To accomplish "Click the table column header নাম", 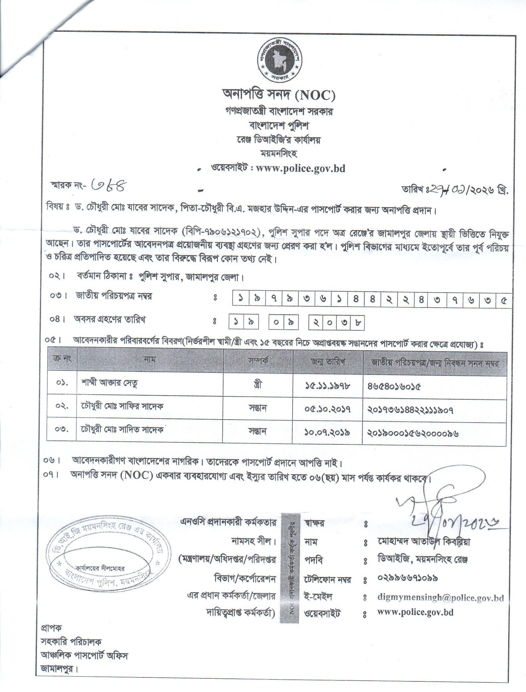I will pos(150,360).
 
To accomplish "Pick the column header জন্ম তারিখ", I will pos(327,362).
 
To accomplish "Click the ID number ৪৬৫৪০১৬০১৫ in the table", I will pos(394,386).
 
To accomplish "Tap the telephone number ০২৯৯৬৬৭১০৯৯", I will pos(408,578).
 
